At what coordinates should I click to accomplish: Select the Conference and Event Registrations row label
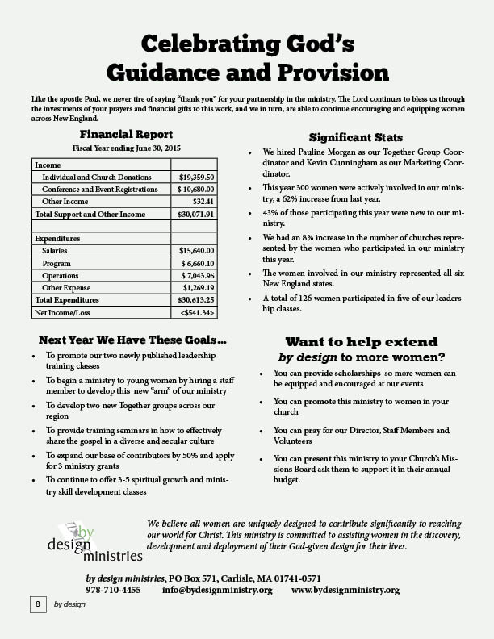click(x=100, y=189)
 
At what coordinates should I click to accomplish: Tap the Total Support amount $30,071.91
click(x=195, y=215)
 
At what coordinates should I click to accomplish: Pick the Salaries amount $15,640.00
click(x=196, y=251)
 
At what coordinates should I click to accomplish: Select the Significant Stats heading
click(x=356, y=138)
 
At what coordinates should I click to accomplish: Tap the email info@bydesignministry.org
click(x=217, y=590)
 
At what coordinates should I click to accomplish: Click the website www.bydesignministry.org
click(x=345, y=590)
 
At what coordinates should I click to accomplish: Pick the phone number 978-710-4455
click(x=113, y=590)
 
